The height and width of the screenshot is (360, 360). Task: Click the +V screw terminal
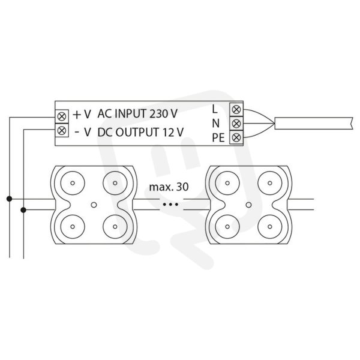pos(62,116)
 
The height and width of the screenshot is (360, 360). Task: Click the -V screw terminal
pos(62,131)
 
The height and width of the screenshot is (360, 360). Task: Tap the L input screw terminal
pos(236,110)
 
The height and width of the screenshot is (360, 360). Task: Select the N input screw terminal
pos(236,124)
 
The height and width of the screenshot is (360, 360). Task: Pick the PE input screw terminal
pos(236,137)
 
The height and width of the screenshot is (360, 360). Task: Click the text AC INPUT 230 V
pos(137,113)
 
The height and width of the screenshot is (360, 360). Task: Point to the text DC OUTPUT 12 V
pos(140,132)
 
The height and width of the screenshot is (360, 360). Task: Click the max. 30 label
pos(169,187)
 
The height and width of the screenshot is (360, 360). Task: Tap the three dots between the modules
pos(170,204)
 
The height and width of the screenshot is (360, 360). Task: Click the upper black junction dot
pos(9,199)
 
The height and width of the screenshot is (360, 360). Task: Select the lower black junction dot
pos(23,210)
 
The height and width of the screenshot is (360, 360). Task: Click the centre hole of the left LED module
pos(94,205)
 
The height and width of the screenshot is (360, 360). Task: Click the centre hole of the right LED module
pos(248,205)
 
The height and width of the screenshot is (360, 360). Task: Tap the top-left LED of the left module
pos(73,183)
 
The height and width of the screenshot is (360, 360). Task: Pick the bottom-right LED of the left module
pos(115,227)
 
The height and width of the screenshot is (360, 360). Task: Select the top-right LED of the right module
pos(270,183)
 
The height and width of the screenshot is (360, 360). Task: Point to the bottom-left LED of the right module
pos(227,227)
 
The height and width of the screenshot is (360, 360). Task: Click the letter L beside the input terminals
pos(215,109)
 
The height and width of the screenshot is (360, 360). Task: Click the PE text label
pos(218,138)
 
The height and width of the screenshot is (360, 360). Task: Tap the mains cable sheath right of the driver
pos(314,123)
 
